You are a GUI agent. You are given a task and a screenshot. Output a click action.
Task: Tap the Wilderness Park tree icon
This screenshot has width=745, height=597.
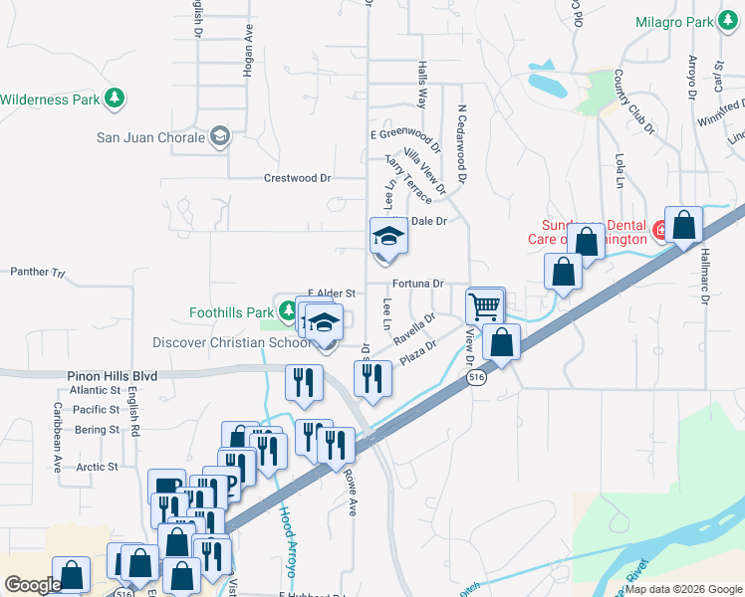118,98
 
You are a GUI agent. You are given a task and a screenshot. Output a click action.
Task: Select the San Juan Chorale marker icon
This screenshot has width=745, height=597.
220,137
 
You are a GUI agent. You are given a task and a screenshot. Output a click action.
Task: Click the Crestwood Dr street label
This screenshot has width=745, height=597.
297,178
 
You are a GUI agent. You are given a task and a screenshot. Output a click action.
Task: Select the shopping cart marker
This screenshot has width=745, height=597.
485,305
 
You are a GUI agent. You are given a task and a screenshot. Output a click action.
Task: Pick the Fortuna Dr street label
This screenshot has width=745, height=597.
417,284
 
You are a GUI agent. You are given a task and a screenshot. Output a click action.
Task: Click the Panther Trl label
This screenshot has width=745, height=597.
37,271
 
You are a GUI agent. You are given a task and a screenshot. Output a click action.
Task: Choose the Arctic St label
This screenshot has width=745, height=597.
97,466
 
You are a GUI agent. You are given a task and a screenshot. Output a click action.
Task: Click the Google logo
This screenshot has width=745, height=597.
33,585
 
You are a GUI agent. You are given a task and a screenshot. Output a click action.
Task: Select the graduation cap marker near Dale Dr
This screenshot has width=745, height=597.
388,237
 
